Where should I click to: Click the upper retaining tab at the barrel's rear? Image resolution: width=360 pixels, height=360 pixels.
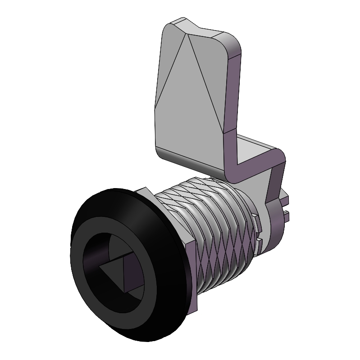[x=255, y=221]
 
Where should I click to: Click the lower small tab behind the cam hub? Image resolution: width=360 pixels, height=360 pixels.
[x=286, y=215]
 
